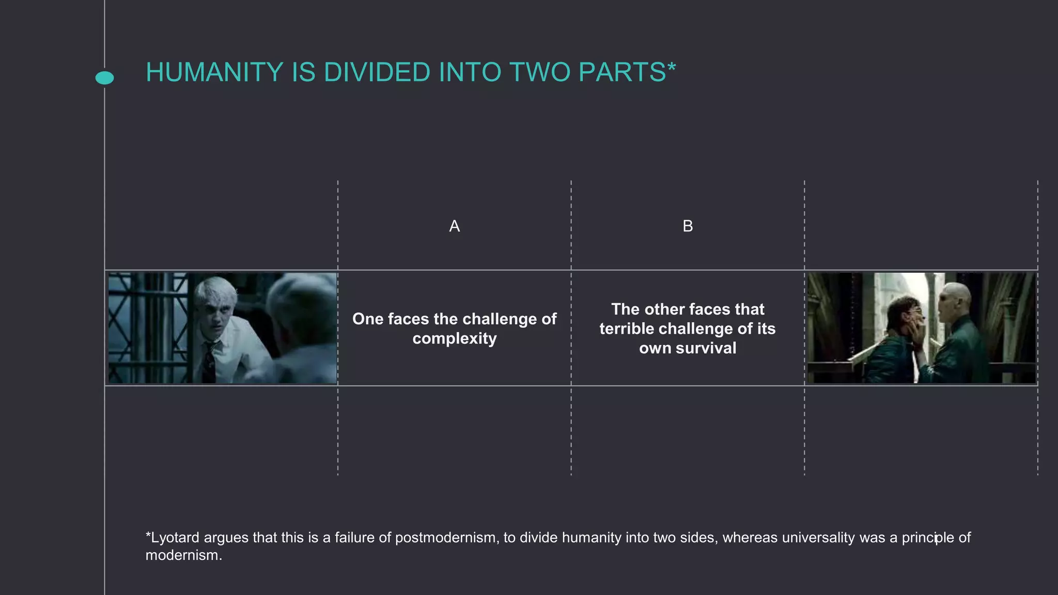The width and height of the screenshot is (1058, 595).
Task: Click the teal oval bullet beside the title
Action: click(105, 78)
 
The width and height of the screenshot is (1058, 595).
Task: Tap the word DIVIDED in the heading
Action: click(377, 72)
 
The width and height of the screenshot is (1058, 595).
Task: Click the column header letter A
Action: click(454, 226)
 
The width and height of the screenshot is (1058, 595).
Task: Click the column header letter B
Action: click(688, 226)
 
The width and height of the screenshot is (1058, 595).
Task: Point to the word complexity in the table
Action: click(454, 339)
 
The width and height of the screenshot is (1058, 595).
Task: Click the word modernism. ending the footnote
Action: click(183, 555)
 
